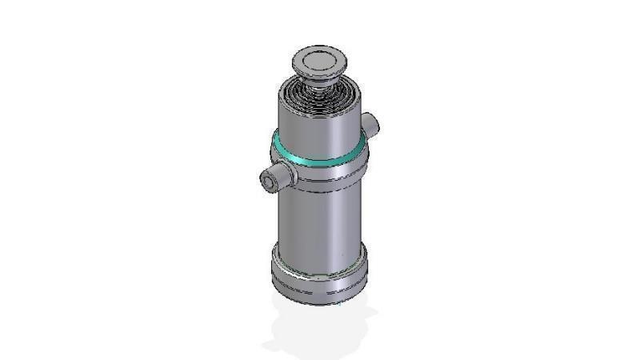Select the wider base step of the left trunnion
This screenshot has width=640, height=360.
(286, 176)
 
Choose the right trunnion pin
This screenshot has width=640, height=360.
(370, 124)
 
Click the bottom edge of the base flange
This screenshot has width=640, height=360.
(320, 302)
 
